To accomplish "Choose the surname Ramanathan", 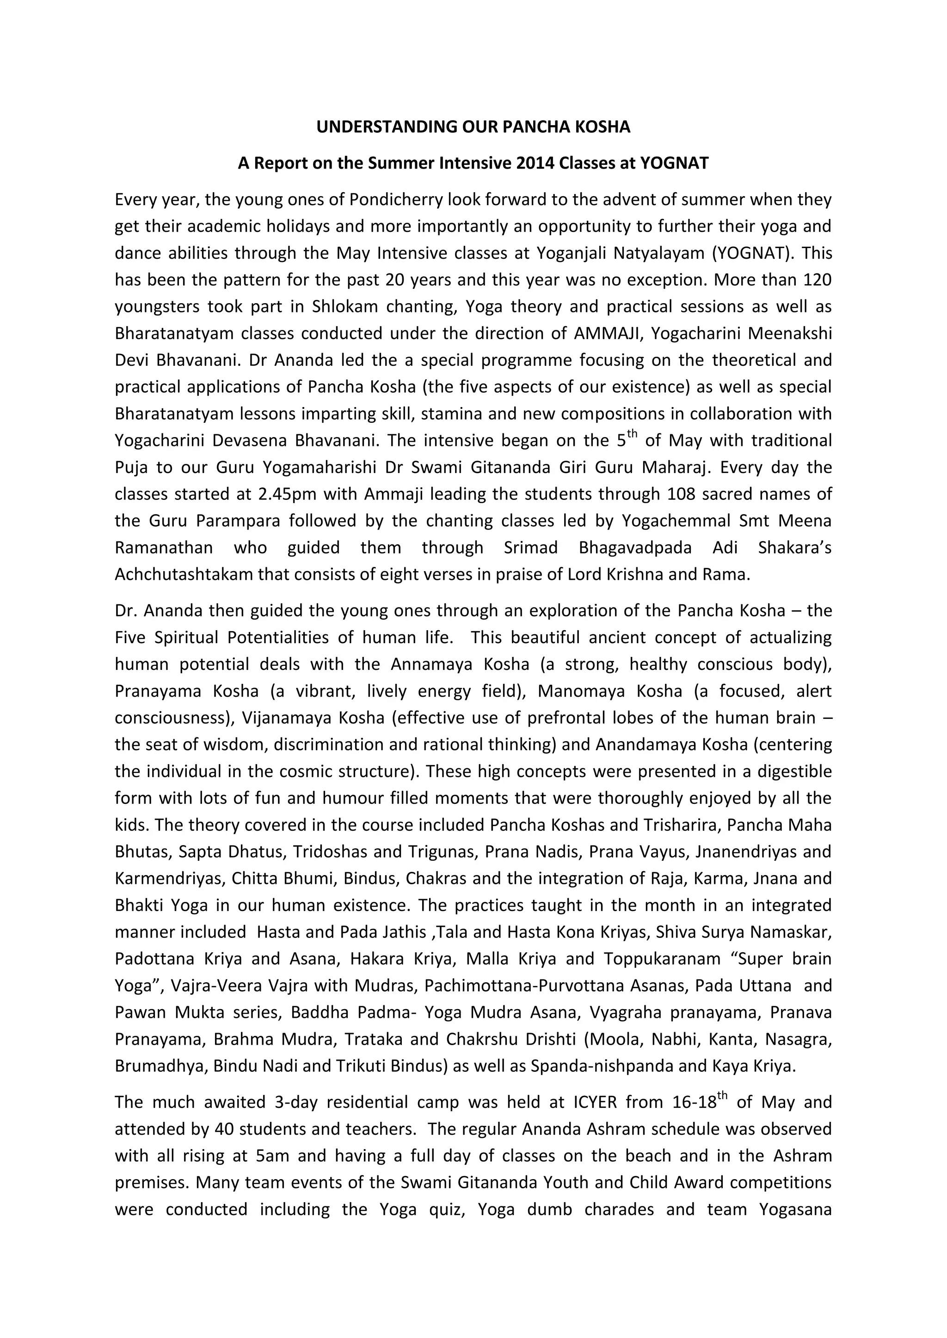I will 163,548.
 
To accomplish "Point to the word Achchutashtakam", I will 184,575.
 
